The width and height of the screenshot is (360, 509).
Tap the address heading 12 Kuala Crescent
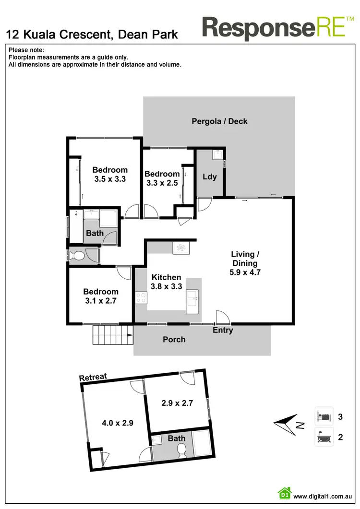92,35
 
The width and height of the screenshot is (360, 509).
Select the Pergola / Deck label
219,121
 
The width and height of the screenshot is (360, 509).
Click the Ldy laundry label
210,177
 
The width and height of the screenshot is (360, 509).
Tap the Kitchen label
166,277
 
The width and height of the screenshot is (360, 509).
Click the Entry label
223,330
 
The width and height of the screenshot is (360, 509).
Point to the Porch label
174,340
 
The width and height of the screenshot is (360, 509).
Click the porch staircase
112,334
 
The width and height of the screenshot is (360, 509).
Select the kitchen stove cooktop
141,298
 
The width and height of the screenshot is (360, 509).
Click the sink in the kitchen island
194,298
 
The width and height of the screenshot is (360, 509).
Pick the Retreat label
93,377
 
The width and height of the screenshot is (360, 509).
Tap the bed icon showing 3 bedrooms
324,416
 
